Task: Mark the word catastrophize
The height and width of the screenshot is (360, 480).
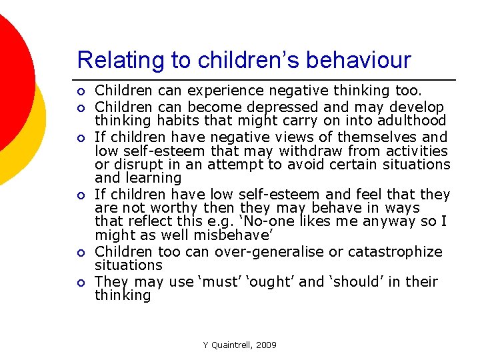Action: click(393, 252)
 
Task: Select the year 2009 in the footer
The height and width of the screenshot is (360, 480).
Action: click(267, 345)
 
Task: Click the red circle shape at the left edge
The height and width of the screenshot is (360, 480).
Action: click(10, 73)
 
